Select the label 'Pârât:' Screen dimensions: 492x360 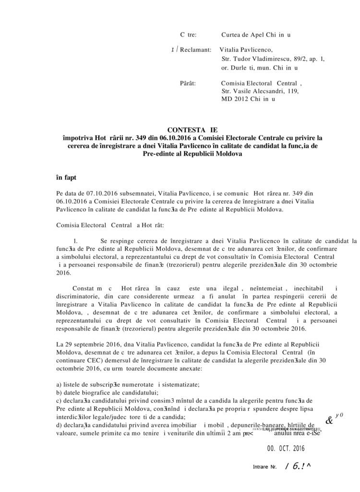point(187,83)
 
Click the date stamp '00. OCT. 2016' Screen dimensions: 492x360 point(285,449)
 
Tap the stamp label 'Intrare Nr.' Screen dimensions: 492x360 point(264,467)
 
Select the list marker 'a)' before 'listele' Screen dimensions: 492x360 point(60,384)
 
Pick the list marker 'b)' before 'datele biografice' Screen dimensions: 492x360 point(60,393)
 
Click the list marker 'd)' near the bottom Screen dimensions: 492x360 point(60,425)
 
